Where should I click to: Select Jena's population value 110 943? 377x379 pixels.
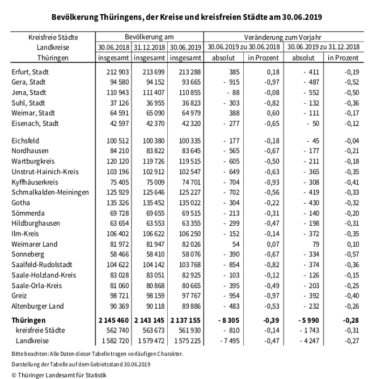[x=116, y=92]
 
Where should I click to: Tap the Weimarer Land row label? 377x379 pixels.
[x=35, y=243]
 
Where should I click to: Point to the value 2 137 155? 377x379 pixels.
[x=185, y=321]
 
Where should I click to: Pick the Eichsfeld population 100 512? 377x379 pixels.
[x=116, y=141]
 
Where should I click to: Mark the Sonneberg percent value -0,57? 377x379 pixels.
[x=350, y=254]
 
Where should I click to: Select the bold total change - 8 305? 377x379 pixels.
[x=231, y=321]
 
